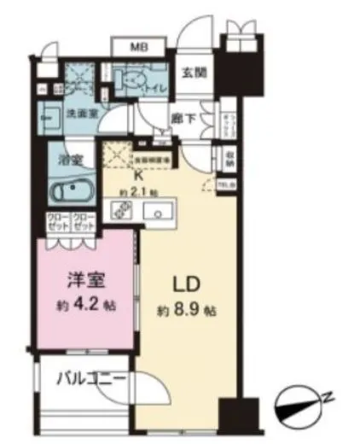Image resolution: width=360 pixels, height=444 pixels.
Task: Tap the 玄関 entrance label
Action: (189, 73)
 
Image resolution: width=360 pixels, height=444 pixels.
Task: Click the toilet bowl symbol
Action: (132, 85)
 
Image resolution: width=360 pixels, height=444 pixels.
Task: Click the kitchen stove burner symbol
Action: (119, 211)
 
